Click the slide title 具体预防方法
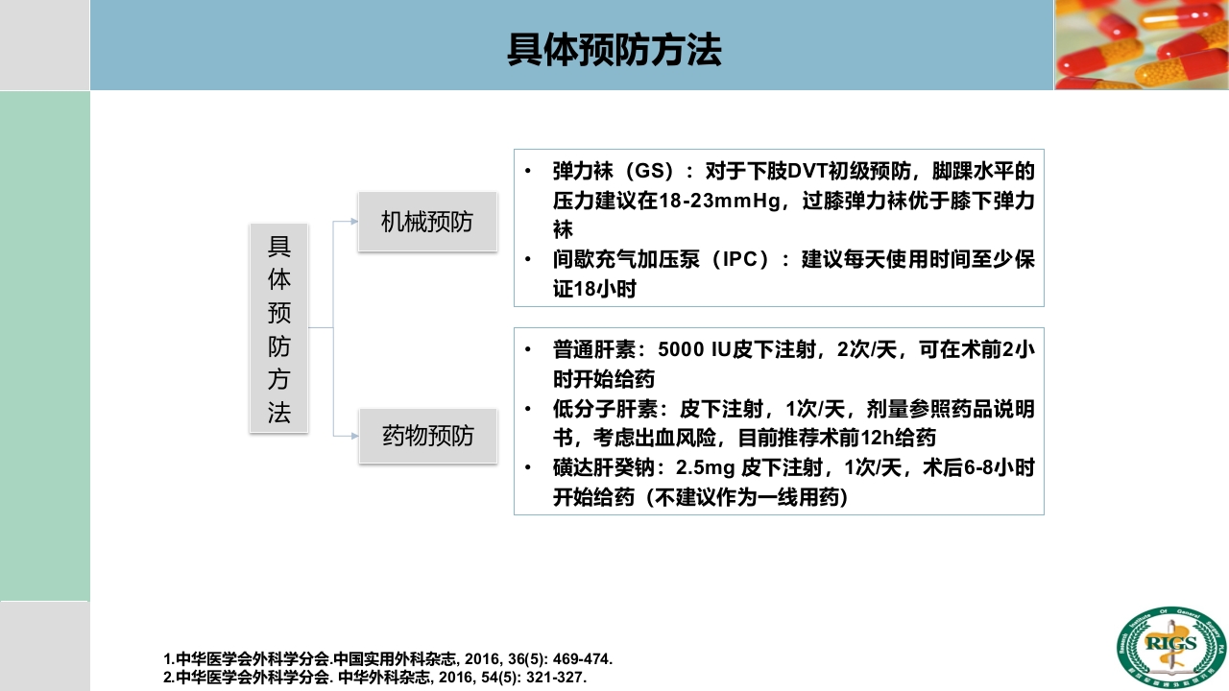614,51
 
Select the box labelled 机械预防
427,223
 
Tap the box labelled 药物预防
428,437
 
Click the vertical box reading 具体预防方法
278,328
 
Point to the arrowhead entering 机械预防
353,222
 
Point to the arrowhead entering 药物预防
353,437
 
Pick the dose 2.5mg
706,469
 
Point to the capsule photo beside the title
1142,44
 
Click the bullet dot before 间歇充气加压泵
528,260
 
